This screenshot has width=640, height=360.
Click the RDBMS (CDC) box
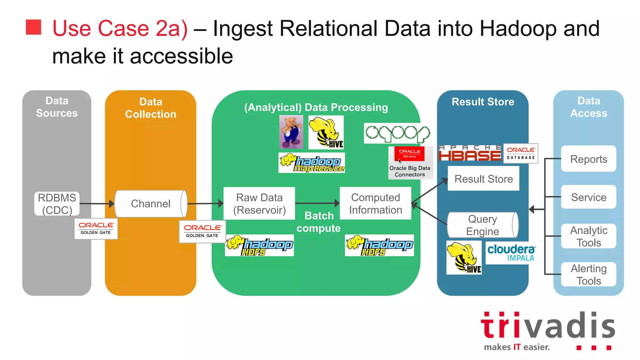pyautogui.click(x=57, y=204)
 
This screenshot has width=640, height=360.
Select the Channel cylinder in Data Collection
pyautogui.click(x=151, y=204)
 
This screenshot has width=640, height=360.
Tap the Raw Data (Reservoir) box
pyautogui.click(x=259, y=203)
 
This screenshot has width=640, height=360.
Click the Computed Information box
pyautogui.click(x=375, y=203)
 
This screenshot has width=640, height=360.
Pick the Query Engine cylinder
pyautogui.click(x=482, y=225)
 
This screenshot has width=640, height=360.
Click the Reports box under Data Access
pyautogui.click(x=588, y=159)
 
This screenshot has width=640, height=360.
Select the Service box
pyautogui.click(x=588, y=197)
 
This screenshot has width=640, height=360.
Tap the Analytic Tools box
pyautogui.click(x=588, y=236)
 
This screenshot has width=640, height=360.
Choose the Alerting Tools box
pyautogui.click(x=588, y=274)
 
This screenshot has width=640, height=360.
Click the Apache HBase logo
pyautogui.click(x=470, y=153)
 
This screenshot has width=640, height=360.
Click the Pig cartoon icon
pyautogui.click(x=291, y=132)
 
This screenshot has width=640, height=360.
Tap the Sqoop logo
pyautogui.click(x=397, y=133)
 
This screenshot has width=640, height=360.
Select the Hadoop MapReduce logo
pyautogui.click(x=312, y=163)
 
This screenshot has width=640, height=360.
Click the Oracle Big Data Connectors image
pyautogui.click(x=410, y=163)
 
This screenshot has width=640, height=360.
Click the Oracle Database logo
pyautogui.click(x=521, y=153)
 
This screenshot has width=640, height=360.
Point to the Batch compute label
pyautogui.click(x=318, y=222)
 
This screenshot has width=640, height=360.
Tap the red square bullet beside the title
pyautogui.click(x=33, y=27)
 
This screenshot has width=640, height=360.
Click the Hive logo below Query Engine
pyautogui.click(x=464, y=258)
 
